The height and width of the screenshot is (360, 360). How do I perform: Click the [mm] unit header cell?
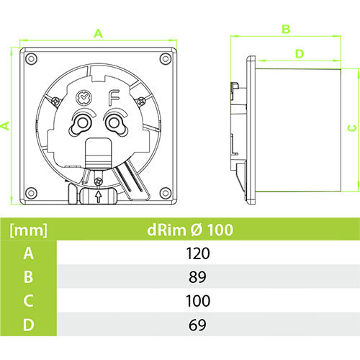[28, 230]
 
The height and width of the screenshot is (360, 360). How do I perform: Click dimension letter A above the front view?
[98, 32]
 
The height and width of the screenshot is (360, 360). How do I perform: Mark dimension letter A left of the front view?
[6, 125]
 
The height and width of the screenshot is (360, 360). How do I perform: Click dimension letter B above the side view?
[285, 29]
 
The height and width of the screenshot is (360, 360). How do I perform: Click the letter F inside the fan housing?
[113, 98]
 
